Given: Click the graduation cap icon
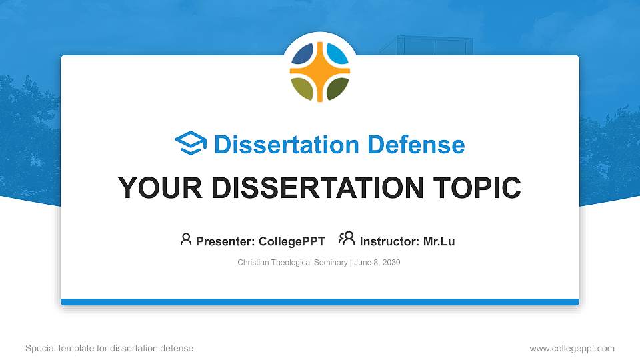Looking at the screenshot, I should (x=191, y=144).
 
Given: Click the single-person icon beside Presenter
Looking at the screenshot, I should (x=186, y=239).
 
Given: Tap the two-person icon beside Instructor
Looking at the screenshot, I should (x=347, y=239).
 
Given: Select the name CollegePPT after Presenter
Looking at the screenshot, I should (x=292, y=241).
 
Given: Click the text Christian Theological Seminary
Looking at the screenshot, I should (x=292, y=263).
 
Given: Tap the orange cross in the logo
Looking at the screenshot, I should (x=320, y=70).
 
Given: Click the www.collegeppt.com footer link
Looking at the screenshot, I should (x=571, y=348).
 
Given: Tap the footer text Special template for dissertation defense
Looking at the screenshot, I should (x=109, y=348).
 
